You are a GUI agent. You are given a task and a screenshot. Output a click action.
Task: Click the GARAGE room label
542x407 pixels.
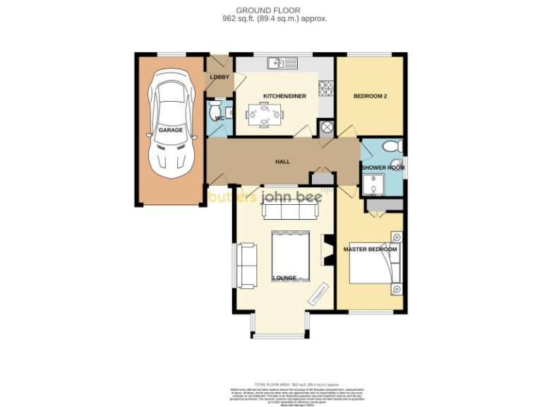[x=170, y=131]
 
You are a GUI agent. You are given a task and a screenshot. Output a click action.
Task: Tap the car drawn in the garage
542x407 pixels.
[x=170, y=124]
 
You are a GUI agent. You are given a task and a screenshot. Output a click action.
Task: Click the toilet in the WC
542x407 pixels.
[x=214, y=112]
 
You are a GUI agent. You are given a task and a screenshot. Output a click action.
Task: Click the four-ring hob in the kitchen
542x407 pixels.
[x=326, y=88]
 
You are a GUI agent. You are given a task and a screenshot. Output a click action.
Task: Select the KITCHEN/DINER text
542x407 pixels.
[x=284, y=96]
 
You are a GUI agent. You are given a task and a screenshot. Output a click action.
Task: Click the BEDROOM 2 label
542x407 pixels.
[x=371, y=96]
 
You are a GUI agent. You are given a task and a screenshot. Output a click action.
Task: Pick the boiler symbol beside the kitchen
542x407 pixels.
[x=326, y=128]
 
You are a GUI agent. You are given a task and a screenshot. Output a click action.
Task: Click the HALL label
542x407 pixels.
[x=282, y=162]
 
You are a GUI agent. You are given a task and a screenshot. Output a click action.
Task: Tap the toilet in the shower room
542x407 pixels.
[x=390, y=146]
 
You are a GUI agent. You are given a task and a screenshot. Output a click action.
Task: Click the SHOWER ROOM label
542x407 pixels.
[x=383, y=167]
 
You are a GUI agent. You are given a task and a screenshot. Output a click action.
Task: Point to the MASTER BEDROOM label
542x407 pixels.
[x=371, y=249]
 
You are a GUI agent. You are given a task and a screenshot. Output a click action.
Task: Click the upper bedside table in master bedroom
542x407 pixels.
[x=397, y=237]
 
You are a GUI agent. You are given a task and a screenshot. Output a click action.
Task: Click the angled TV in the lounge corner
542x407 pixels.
[x=318, y=293]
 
